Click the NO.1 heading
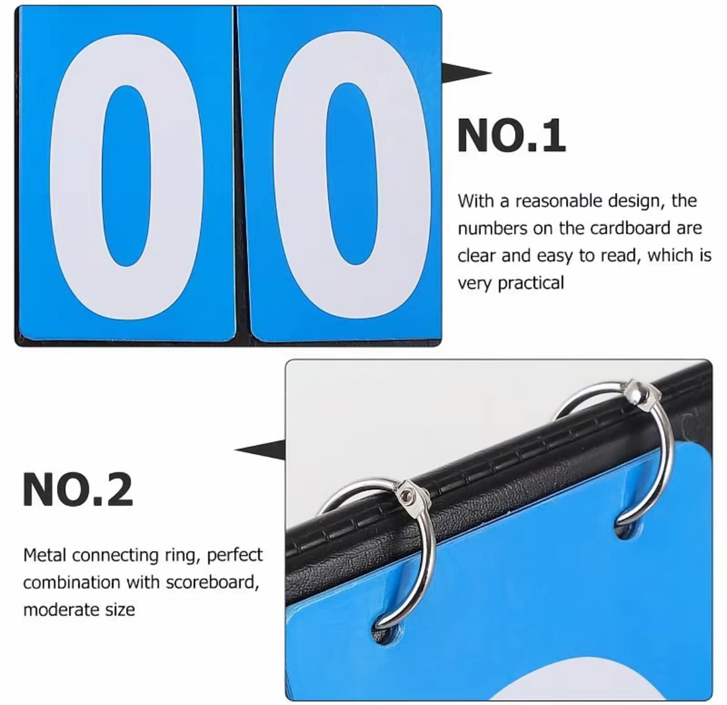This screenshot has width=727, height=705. point(511,136)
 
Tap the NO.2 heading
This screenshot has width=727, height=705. point(78,489)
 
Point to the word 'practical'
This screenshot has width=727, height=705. point(531,283)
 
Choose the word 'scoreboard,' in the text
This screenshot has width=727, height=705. point(213,582)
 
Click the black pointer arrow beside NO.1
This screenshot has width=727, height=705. point(465,73)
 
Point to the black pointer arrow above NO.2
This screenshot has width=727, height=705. point(260,449)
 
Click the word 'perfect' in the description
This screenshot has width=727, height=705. point(235,555)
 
